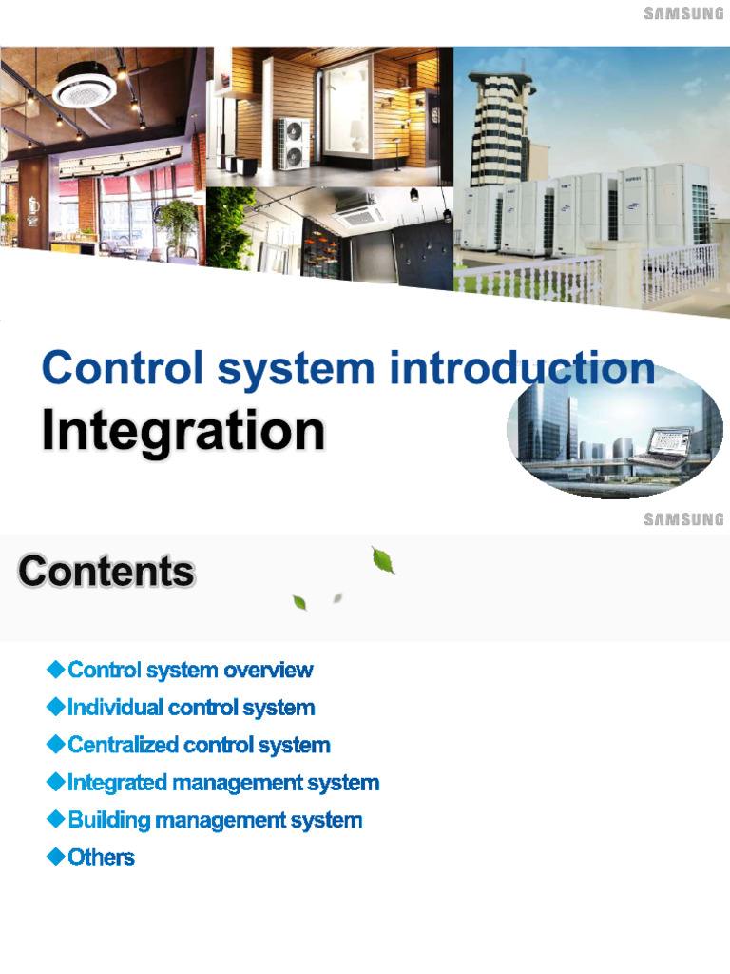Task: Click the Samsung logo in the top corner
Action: [683, 13]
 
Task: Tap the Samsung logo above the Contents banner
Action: [683, 519]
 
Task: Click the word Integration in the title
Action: [182, 432]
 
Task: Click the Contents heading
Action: [106, 573]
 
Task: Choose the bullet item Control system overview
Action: [190, 671]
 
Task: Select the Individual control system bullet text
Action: [191, 708]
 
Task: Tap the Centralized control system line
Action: [199, 745]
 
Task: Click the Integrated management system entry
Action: [223, 783]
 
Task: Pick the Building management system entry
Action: [215, 820]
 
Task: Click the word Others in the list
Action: [101, 857]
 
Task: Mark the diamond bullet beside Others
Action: [54, 857]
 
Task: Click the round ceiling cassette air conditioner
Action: [85, 89]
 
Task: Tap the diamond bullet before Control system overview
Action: [54, 671]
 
